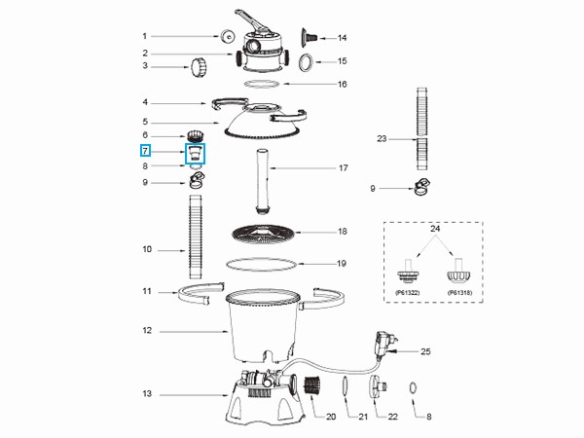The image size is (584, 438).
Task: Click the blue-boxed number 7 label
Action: pos(145,151)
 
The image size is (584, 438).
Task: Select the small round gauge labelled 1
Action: pos(226,36)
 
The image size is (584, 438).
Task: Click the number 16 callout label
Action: pos(342,85)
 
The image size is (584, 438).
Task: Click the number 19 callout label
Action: pos(342,263)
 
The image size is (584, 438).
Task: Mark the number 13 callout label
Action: pos(145,394)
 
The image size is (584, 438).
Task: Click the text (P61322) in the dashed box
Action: pos(406,290)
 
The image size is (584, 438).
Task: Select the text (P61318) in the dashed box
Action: pos(459,290)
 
